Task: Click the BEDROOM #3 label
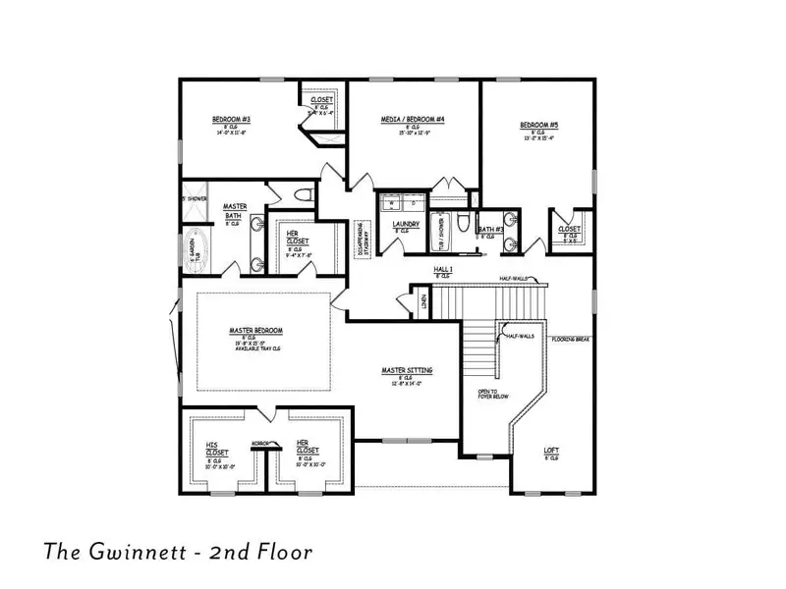coord(227,120)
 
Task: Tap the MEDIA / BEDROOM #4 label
coord(414,120)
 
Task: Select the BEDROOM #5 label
coord(538,125)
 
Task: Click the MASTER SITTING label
coord(407,370)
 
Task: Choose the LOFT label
coord(552,452)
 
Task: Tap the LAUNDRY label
coord(406,224)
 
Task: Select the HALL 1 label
coord(443,269)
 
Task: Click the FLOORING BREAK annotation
coord(570,339)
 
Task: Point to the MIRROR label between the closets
coord(259,443)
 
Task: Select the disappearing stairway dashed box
coord(362,240)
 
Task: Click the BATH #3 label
coord(491,230)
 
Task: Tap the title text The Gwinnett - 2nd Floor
coord(177,552)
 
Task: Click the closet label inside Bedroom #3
coord(321,100)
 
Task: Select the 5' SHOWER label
coord(194,199)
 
